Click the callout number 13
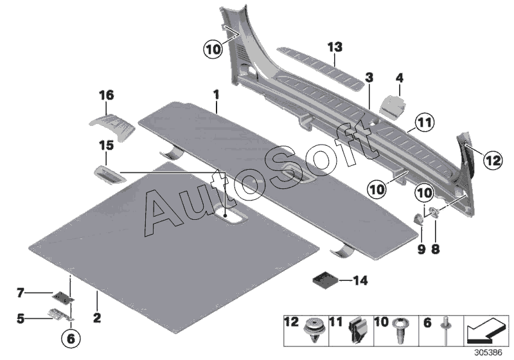point(334,47)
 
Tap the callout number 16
point(106,95)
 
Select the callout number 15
point(106,146)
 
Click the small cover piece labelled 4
point(393,103)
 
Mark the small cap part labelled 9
point(418,219)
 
